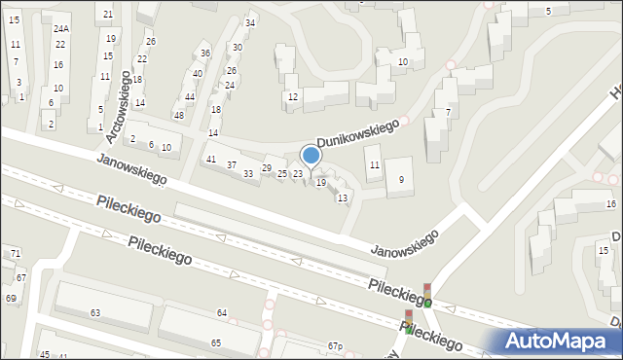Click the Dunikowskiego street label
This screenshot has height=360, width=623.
tap(357, 133)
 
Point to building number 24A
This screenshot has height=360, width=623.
tap(61, 29)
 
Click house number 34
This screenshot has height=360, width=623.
tap(250, 22)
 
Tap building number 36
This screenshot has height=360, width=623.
tap(204, 54)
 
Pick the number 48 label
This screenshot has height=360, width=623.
tap(178, 115)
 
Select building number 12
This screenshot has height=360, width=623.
tap(292, 96)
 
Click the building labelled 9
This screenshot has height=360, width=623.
tap(401, 179)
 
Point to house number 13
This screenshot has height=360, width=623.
tap(342, 198)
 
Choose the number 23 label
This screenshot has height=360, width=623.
tap(298, 173)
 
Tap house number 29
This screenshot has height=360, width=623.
tap(267, 168)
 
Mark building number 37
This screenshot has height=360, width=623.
tap(232, 164)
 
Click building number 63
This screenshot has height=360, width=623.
tap(95, 312)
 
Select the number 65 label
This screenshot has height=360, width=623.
tap(215, 343)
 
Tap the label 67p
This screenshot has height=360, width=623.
tap(335, 346)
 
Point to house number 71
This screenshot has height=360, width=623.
tap(16, 253)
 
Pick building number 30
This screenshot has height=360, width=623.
tap(237, 47)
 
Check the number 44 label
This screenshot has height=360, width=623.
tap(190, 96)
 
